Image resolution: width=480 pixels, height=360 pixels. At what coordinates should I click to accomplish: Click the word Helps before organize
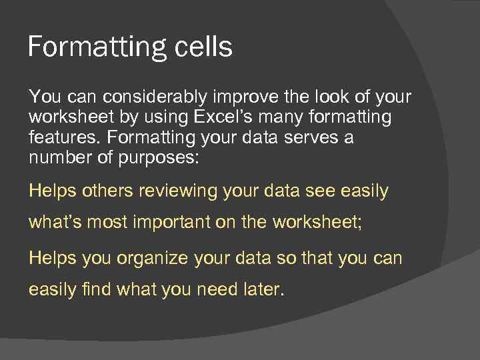(53, 258)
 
